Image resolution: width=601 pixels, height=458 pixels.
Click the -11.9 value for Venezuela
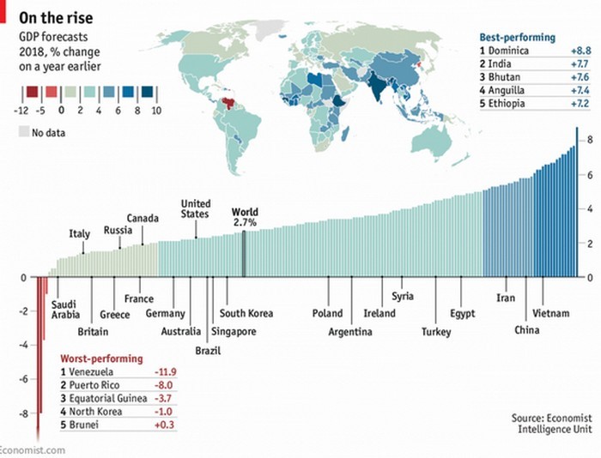(163, 371)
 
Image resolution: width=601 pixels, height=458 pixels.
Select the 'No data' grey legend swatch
(22, 132)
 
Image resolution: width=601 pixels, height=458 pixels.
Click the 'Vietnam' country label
(550, 313)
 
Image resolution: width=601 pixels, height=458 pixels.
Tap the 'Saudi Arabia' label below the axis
(65, 310)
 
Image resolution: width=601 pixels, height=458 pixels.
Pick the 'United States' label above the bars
(195, 208)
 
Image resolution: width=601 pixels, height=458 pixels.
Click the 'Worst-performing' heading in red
(101, 358)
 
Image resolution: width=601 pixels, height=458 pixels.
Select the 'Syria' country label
(402, 296)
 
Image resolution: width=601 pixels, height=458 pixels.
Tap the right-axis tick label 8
(590, 140)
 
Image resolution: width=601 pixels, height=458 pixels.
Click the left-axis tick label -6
(22, 379)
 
